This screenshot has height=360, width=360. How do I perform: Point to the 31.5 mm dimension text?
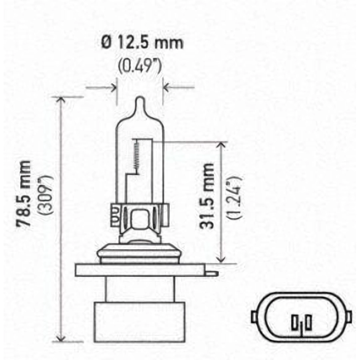[x=207, y=196]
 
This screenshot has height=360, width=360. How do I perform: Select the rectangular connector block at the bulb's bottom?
[x=140, y=322]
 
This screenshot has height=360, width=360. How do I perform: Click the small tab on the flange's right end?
[x=211, y=273]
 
